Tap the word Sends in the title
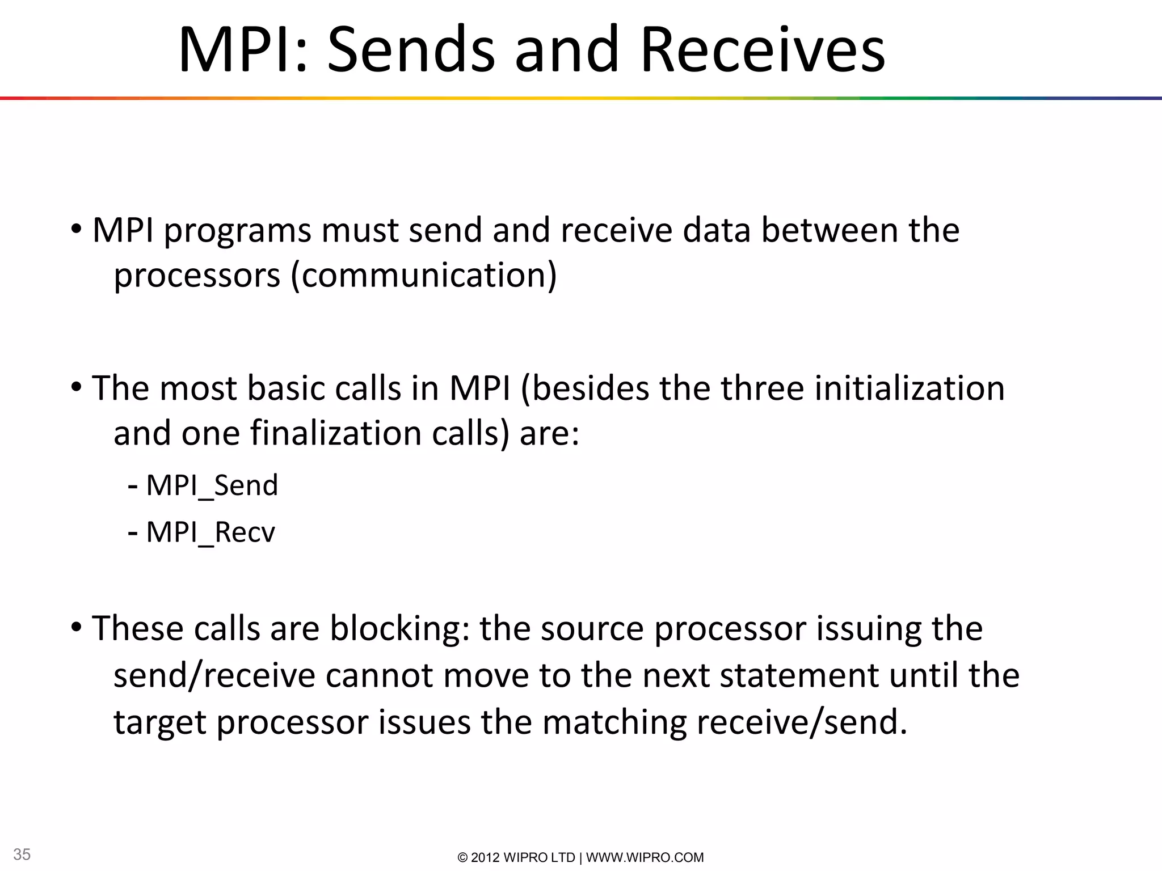click(411, 50)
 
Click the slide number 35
click(22, 854)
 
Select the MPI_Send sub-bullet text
click(212, 485)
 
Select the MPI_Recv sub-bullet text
click(210, 532)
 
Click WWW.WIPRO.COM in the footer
click(645, 857)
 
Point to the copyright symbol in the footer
click(462, 857)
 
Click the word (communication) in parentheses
click(424, 276)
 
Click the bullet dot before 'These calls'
click(77, 627)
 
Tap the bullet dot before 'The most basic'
click(77, 388)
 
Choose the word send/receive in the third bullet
click(214, 676)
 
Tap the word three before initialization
click(762, 389)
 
